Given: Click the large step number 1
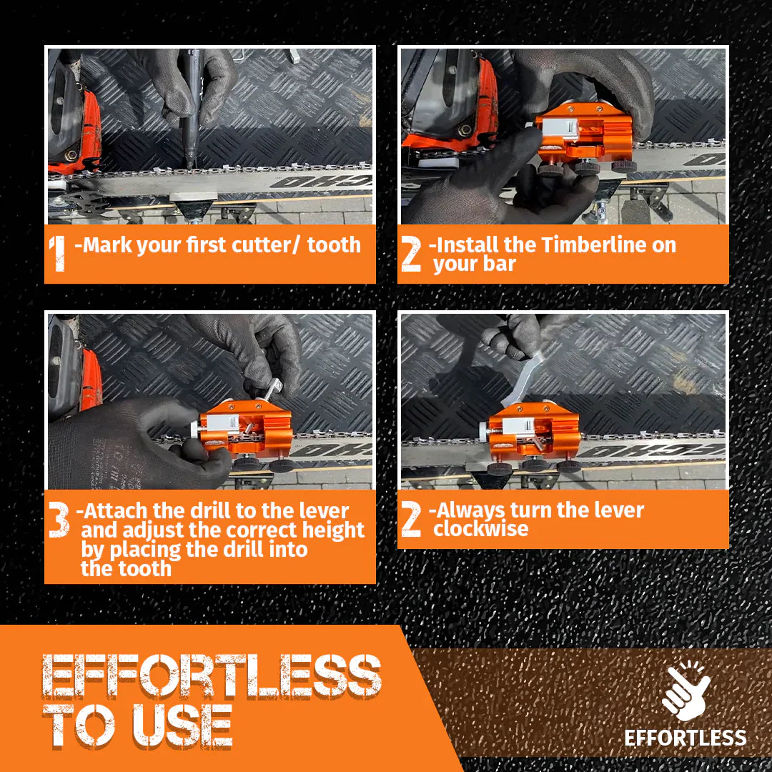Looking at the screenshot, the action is pos(58,253).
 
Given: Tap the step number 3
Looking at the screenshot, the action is pos(59,519).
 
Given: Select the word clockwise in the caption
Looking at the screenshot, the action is pos(481,529).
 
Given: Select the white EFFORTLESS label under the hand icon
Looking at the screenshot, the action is pos(686,738).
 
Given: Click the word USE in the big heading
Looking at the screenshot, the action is pos(182,726).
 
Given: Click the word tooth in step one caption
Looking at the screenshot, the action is pos(335,244).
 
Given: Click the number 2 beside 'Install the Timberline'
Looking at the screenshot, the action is pos(411,253).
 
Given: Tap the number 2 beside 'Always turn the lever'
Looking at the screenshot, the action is pos(411,518).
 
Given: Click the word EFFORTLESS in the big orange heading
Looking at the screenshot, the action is pos(212,675).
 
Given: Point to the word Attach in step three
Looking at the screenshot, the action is pos(117,510).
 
